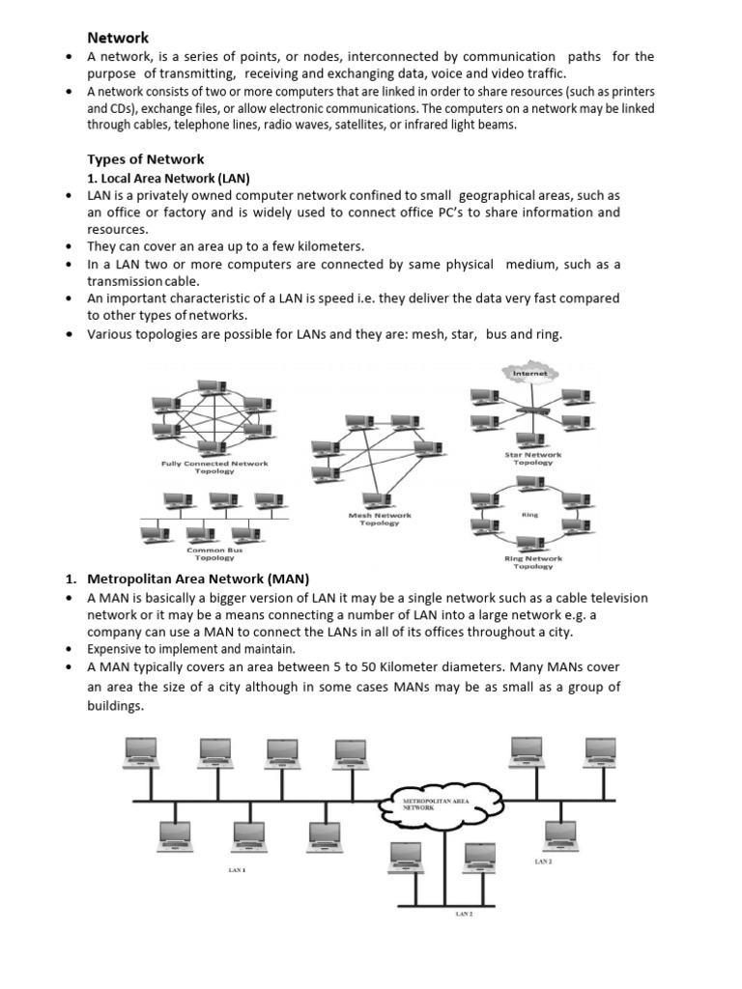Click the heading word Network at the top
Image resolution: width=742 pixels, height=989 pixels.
tap(118, 38)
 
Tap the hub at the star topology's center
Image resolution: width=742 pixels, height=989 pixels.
tap(530, 409)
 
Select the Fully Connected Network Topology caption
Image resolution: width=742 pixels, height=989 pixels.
tap(214, 467)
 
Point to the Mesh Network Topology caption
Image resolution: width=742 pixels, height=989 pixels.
tap(380, 520)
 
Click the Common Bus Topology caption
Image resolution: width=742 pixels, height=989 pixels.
tap(214, 553)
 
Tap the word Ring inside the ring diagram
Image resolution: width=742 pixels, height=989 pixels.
tap(529, 515)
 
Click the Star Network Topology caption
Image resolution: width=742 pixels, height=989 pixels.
tap(533, 458)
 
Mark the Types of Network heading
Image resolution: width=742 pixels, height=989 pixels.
tap(146, 159)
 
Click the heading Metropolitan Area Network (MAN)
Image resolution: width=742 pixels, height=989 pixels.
tap(198, 579)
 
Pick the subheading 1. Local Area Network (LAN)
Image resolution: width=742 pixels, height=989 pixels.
tap(168, 178)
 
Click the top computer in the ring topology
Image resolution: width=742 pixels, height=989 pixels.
tap(529, 483)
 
